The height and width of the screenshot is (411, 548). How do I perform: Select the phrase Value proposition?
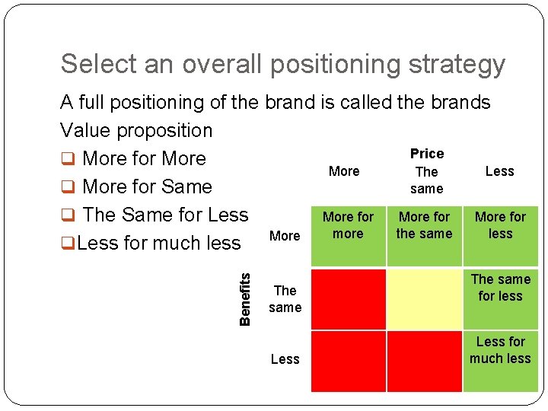pos(137,130)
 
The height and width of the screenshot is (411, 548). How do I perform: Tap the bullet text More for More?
pos(144,158)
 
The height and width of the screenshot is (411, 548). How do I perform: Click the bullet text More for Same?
pos(147,186)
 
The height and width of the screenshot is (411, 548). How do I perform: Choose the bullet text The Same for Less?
pos(165,215)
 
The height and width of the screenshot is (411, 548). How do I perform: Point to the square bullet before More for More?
pos(67,159)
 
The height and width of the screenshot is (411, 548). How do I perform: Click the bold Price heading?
pos(426,154)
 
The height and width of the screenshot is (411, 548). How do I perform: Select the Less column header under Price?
pos(499,171)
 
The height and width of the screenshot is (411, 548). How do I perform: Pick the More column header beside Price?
pos(344,171)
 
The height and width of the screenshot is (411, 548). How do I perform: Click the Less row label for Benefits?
pos(285,359)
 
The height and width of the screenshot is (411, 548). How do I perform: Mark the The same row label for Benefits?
pos(285,299)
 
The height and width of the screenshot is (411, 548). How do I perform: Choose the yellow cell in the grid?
pos(425,298)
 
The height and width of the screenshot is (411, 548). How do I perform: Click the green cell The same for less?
pos(500,297)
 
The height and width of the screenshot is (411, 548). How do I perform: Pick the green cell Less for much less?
pos(500,359)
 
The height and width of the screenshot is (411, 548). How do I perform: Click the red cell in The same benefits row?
pos(349,298)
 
